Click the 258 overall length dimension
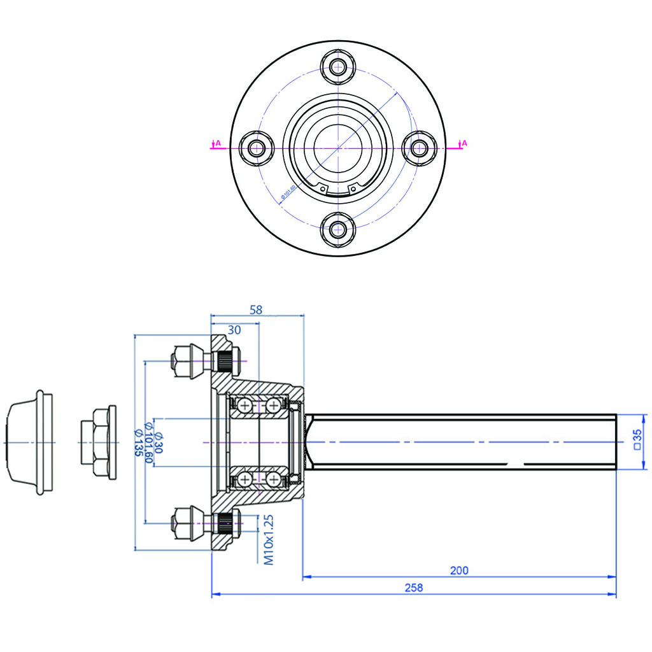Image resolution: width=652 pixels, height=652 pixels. point(414,588)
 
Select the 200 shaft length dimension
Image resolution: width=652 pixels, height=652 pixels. point(458,570)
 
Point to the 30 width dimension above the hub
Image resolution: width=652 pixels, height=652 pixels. point(234,330)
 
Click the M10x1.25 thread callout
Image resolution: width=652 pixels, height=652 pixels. point(268,540)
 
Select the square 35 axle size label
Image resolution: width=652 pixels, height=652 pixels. point(637,439)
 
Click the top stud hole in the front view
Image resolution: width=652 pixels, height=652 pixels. point(337,66)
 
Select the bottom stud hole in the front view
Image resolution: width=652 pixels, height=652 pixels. point(337,229)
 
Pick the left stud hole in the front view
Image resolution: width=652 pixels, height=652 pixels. point(257,148)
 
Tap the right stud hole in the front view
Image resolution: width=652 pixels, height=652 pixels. point(418,148)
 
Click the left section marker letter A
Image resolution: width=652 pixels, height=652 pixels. point(218,143)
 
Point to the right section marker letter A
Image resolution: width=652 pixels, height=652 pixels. point(464,143)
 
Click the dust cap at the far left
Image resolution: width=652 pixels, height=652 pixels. point(29,441)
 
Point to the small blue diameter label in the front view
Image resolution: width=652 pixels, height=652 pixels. point(288,193)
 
